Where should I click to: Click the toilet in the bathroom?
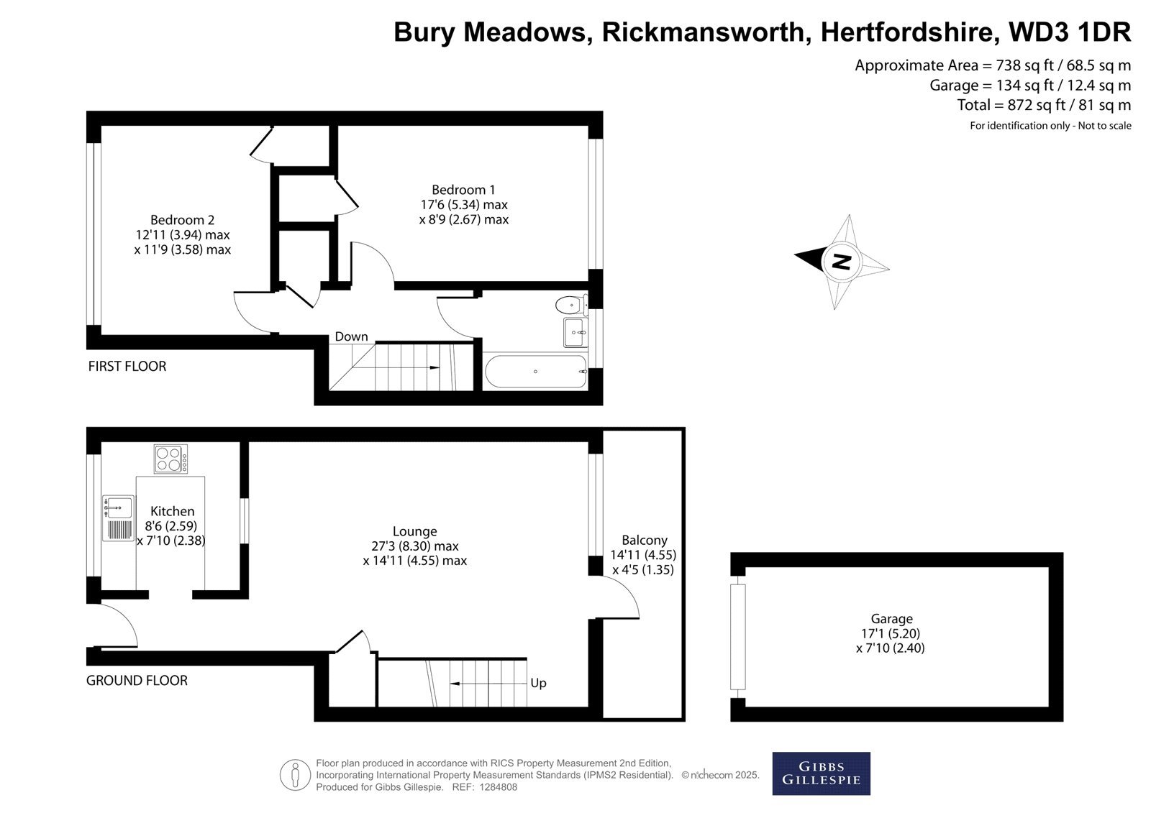pyautogui.click(x=571, y=305)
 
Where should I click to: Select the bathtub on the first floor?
pyautogui.click(x=535, y=372)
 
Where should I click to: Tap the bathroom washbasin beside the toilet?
pyautogui.click(x=575, y=332)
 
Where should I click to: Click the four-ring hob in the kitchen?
pyautogui.click(x=170, y=459)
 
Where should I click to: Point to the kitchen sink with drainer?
pyautogui.click(x=118, y=518)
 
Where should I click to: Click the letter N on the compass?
pyautogui.click(x=841, y=262)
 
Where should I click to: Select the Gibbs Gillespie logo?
pyautogui.click(x=821, y=773)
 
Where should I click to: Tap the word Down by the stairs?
pyautogui.click(x=352, y=336)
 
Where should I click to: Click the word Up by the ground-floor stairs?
pyautogui.click(x=538, y=683)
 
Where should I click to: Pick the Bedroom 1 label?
pyautogui.click(x=463, y=190)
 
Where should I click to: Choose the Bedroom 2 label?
pyautogui.click(x=183, y=220)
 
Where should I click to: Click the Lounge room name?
pyautogui.click(x=414, y=531)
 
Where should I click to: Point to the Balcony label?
pyautogui.click(x=645, y=540)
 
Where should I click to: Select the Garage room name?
pyautogui.click(x=891, y=618)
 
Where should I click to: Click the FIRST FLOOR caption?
pyautogui.click(x=127, y=366)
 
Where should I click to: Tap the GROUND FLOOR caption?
pyautogui.click(x=137, y=681)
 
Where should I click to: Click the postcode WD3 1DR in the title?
pyautogui.click(x=1070, y=32)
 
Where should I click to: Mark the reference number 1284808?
pyautogui.click(x=498, y=787)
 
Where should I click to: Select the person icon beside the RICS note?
pyautogui.click(x=295, y=774)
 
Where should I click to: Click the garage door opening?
pyautogui.click(x=738, y=637)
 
